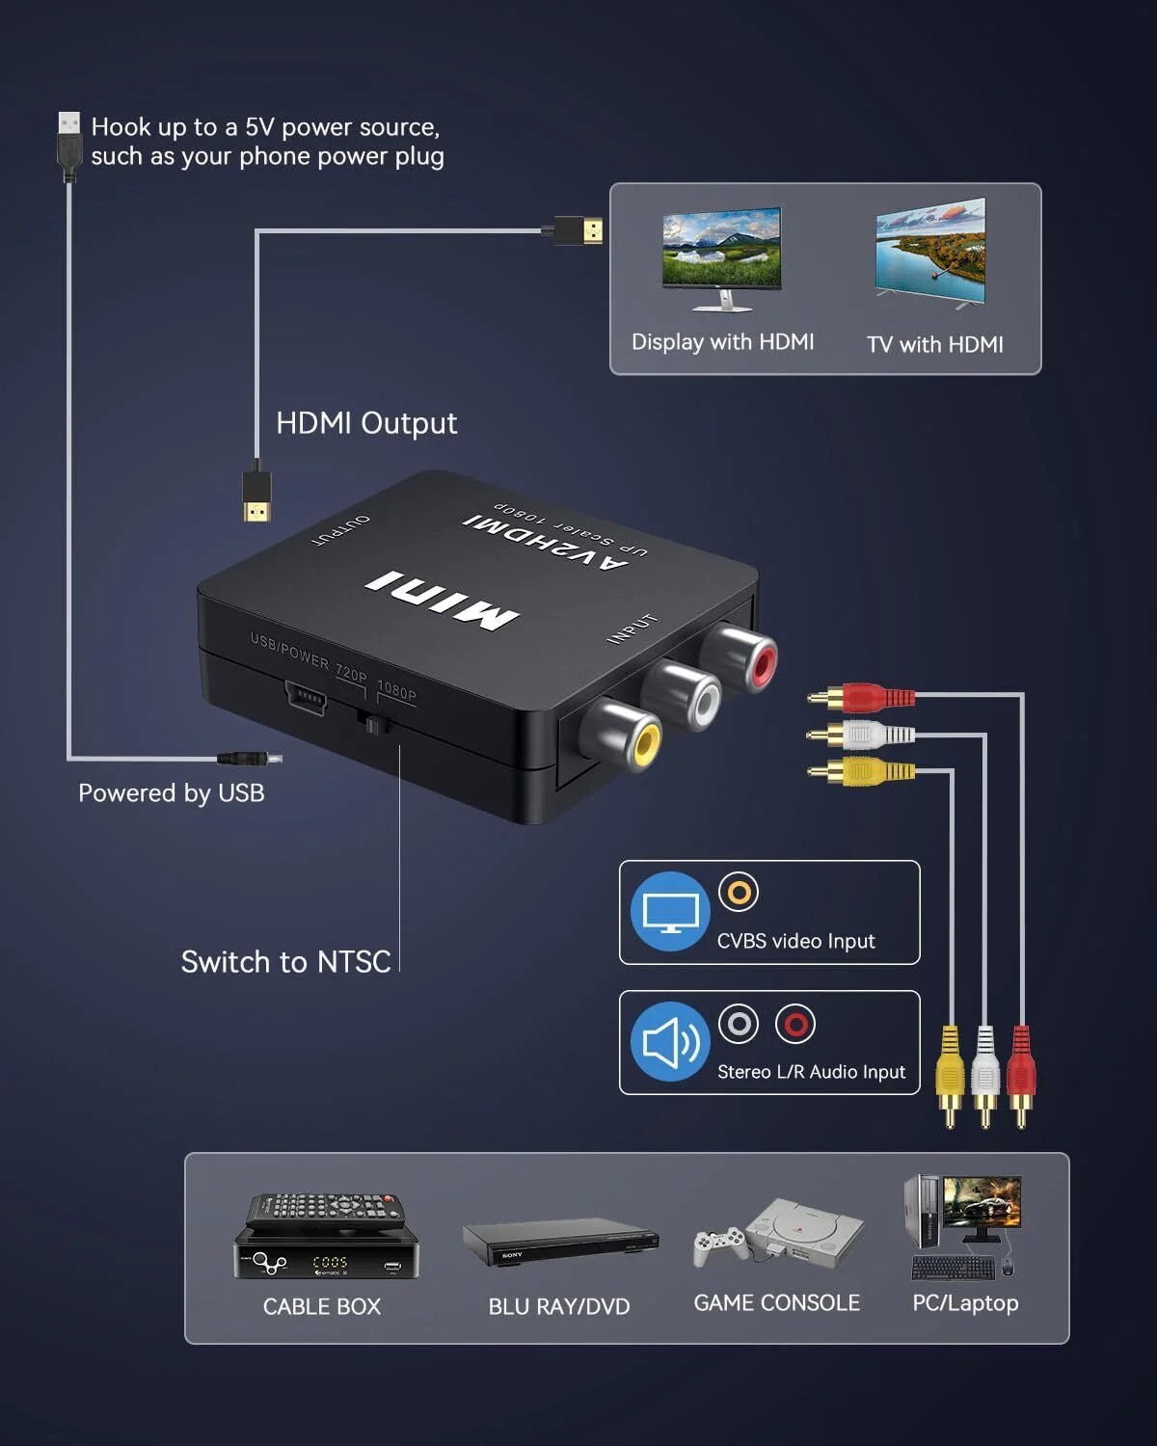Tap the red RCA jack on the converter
(x=755, y=659)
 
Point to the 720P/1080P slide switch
(x=371, y=722)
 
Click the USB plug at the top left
(x=68, y=145)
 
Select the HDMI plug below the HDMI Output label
(x=256, y=494)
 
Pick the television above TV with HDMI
(x=930, y=254)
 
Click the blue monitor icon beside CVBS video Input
(x=670, y=911)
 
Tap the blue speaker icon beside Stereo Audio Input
(x=670, y=1042)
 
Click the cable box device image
(x=326, y=1238)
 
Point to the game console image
(x=778, y=1234)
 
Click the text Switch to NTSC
(x=285, y=962)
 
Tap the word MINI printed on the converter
(x=442, y=601)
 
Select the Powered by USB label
(x=171, y=793)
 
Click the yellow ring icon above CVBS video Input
(x=739, y=892)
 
